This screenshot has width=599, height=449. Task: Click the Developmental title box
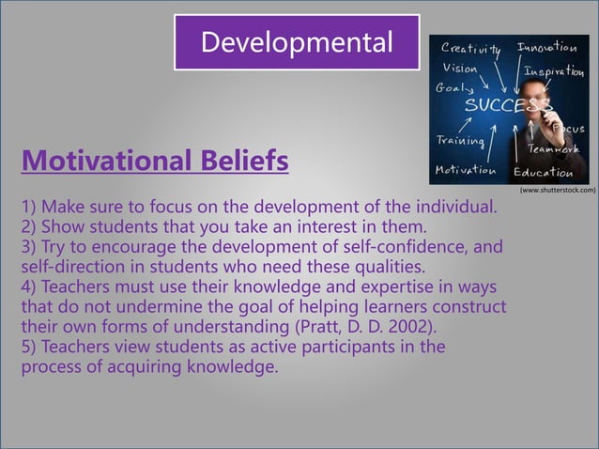297,42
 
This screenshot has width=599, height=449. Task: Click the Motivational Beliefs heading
155,162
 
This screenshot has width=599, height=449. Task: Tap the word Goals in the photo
452,87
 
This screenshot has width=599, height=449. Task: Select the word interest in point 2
329,226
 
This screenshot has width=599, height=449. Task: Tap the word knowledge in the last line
226,367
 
